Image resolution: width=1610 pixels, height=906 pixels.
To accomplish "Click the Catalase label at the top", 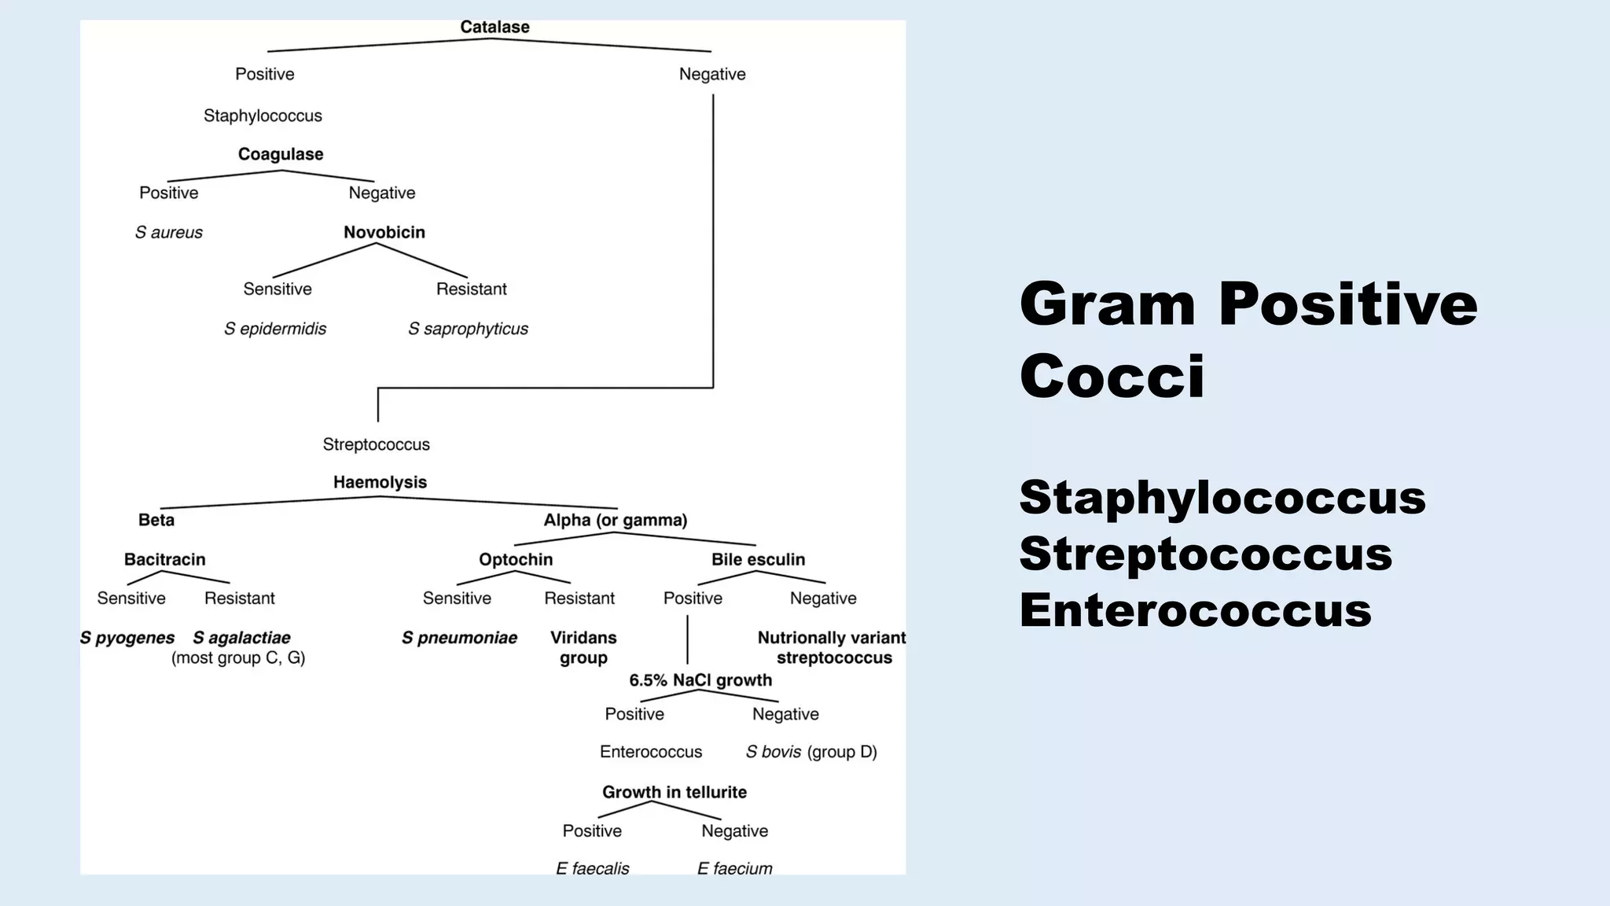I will pyautogui.click(x=494, y=27).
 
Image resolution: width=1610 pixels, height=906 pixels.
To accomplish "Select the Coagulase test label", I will pyautogui.click(x=281, y=154).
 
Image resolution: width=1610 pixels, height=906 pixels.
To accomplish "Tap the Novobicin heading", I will pyautogui.click(x=384, y=232).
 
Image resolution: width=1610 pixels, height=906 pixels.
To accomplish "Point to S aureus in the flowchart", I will pyautogui.click(x=168, y=232).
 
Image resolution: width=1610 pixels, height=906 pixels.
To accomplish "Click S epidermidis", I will pyautogui.click(x=274, y=329).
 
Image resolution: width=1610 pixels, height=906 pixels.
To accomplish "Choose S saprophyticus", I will pyautogui.click(x=468, y=329).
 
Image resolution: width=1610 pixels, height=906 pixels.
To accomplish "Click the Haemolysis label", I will pyautogui.click(x=380, y=482).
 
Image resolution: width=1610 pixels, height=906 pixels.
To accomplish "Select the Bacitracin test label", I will pyautogui.click(x=164, y=559).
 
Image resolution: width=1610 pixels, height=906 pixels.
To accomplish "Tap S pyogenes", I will pyautogui.click(x=127, y=638).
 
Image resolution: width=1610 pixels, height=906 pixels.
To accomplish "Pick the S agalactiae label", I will pyautogui.click(x=241, y=638).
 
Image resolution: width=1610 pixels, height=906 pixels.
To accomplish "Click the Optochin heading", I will pyautogui.click(x=516, y=559).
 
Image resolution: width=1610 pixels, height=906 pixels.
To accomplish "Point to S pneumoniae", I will pyautogui.click(x=459, y=638).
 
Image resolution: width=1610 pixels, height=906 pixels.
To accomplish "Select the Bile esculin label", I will pyautogui.click(x=758, y=559).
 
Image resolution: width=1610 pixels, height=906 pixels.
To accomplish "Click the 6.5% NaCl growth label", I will pyautogui.click(x=700, y=680).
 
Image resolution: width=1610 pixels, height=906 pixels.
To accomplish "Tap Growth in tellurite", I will pyautogui.click(x=674, y=792).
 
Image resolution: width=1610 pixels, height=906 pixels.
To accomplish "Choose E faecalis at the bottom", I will pyautogui.click(x=592, y=868).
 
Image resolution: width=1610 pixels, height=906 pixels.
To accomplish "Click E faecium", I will pyautogui.click(x=734, y=868).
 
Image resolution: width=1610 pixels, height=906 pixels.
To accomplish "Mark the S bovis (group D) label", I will pyautogui.click(x=811, y=752).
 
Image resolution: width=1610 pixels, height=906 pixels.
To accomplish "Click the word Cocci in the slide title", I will pyautogui.click(x=1112, y=376).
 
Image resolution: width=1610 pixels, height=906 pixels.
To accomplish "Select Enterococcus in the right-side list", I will pyautogui.click(x=1195, y=610).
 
